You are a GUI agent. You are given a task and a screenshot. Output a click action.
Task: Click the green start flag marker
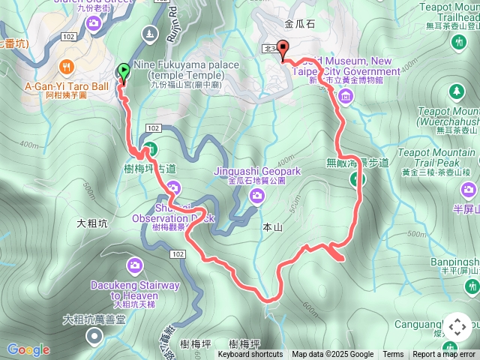pyautogui.click(x=124, y=73)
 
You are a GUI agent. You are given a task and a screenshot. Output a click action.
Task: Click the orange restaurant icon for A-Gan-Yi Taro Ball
pyautogui.click(x=67, y=66)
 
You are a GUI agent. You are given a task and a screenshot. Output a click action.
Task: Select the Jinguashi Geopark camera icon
pyautogui.click(x=257, y=196)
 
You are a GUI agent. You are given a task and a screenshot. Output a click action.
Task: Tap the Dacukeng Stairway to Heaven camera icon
pyautogui.click(x=135, y=264)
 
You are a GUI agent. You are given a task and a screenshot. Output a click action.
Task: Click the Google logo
pyautogui.click(x=28, y=349)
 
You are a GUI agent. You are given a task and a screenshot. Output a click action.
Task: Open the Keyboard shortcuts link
pyautogui.click(x=250, y=355)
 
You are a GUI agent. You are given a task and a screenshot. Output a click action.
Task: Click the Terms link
pyautogui.click(x=393, y=355)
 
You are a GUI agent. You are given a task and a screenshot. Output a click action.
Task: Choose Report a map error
pyautogui.click(x=444, y=355)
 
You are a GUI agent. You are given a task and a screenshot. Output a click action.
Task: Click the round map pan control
pyautogui.click(x=457, y=327)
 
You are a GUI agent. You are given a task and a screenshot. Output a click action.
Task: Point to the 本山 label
pyautogui.click(x=271, y=226)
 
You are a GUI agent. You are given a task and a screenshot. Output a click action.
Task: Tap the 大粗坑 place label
pyautogui.click(x=93, y=223)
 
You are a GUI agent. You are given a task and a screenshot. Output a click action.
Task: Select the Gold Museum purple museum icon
pyautogui.click(x=345, y=96)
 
